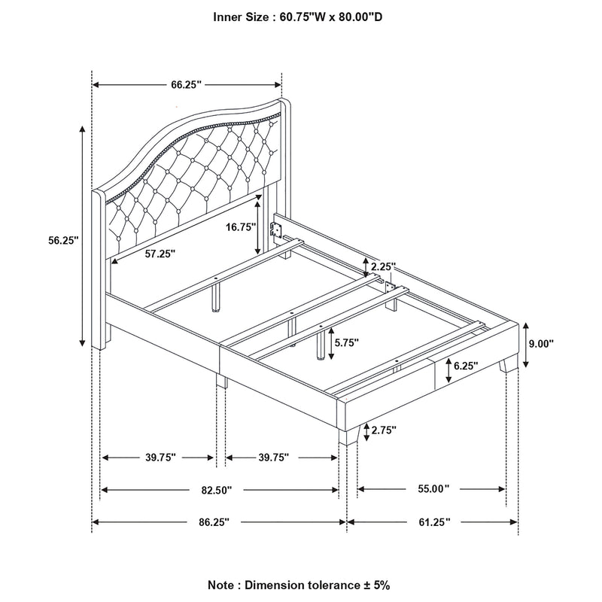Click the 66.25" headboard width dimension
pos(187,85)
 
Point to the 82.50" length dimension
pos(216,490)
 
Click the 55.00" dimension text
pos(433,489)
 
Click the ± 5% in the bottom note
pos(378,585)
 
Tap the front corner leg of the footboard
pos(348,436)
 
